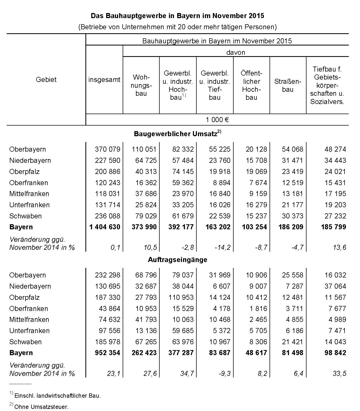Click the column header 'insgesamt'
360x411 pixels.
104,80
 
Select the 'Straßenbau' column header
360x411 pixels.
288,85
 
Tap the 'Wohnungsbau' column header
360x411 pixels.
141,85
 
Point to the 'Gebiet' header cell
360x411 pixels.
46,80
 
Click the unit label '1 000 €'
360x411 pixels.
217,120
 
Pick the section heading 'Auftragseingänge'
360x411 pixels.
177,260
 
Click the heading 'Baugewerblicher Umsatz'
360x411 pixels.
176,134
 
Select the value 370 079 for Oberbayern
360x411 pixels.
107,149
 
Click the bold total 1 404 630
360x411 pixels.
105,227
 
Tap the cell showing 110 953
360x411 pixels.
181,297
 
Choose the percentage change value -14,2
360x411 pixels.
222,248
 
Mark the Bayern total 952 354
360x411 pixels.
107,353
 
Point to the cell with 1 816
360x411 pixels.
258,309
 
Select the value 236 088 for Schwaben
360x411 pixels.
107,216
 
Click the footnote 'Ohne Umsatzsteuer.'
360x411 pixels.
42,407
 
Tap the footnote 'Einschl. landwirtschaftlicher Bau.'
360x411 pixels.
57,396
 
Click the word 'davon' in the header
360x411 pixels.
235,52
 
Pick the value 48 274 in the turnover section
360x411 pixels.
335,149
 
